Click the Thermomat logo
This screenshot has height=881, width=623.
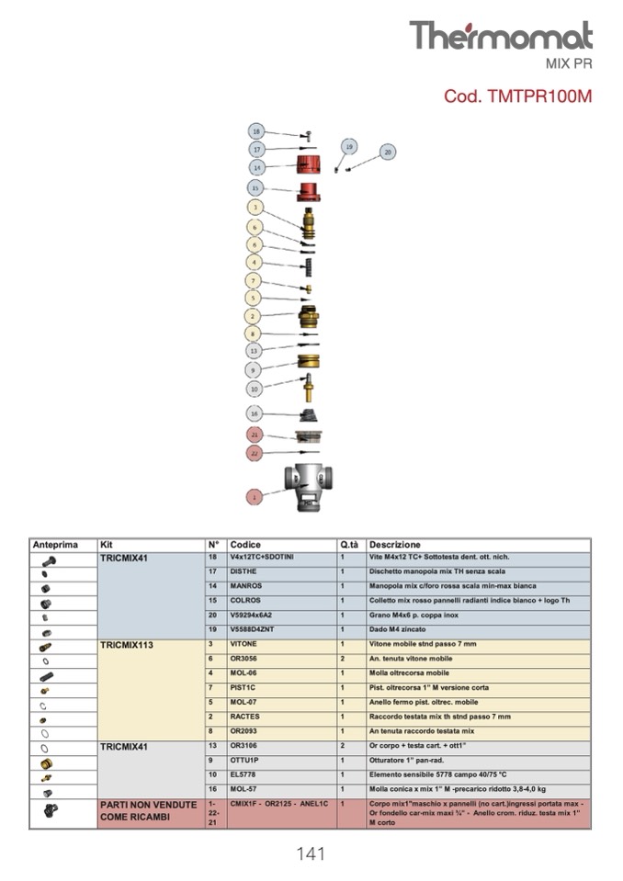click(x=500, y=35)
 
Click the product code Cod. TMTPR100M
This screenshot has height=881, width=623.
click(x=517, y=96)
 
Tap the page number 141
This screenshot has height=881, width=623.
click(x=311, y=854)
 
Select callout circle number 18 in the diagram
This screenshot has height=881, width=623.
click(x=256, y=131)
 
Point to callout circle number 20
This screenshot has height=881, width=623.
click(x=387, y=152)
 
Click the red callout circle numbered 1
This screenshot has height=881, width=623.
click(x=255, y=496)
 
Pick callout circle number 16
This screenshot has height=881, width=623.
click(x=255, y=413)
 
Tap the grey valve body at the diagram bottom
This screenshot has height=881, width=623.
click(x=308, y=481)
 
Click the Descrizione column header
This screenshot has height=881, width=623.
click(x=395, y=545)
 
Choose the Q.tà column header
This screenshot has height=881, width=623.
click(x=348, y=545)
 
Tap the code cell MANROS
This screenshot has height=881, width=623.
click(x=246, y=586)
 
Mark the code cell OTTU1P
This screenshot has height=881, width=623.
click(x=244, y=761)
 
